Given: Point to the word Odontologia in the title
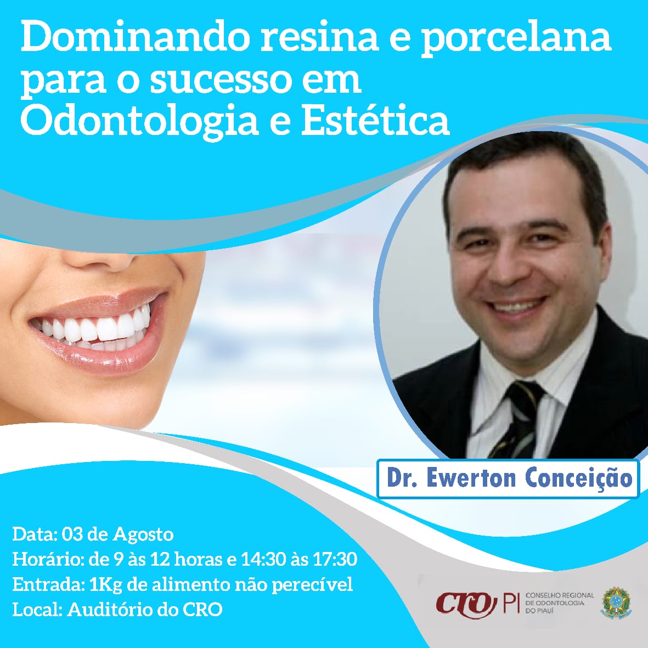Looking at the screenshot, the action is coord(140,122).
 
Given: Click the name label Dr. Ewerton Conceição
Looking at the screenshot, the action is coord(509,478).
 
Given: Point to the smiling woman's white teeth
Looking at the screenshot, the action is coord(93,329).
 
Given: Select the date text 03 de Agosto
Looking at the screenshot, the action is coord(117,534).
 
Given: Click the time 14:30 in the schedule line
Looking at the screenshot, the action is coord(264,559).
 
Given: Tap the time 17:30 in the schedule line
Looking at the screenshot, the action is coord(335,559).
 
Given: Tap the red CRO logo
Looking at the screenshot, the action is coord(466,605).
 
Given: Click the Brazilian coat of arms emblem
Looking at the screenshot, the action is coord(616,603).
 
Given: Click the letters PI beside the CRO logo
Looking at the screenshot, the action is coord(511,604).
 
